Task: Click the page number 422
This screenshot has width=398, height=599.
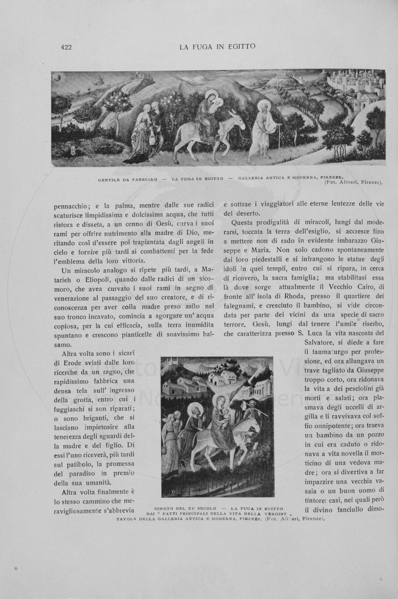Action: pyautogui.click(x=66, y=48)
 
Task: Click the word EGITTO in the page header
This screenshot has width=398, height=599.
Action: pyautogui.click(x=238, y=47)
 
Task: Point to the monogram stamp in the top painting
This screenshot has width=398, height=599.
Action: pyautogui.click(x=73, y=151)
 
